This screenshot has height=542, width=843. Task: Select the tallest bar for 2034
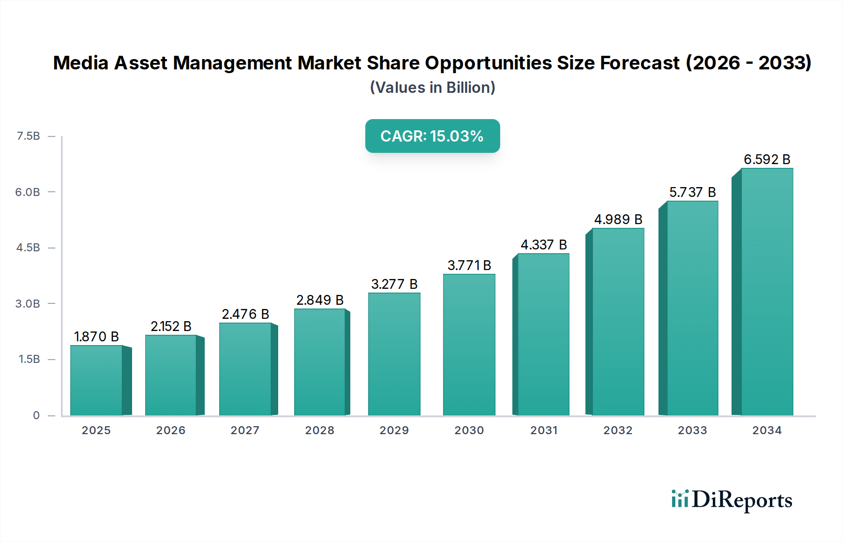[x=767, y=292]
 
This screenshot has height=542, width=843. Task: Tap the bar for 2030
[x=469, y=345]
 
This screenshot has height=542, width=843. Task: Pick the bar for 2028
[x=320, y=362]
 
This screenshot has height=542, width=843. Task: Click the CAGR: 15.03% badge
[x=432, y=136]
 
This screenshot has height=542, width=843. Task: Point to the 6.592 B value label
[x=767, y=159]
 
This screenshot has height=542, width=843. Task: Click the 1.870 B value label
[x=96, y=337]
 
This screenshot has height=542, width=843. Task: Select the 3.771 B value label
[x=469, y=265]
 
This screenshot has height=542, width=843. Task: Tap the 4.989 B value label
[x=618, y=219]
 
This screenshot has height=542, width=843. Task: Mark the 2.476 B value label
[x=245, y=314]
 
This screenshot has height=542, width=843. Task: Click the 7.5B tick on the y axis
[x=28, y=136]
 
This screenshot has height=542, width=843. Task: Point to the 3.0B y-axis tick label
[x=28, y=304]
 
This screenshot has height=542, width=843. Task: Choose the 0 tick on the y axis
[x=36, y=415]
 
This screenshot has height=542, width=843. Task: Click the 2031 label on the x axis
[x=544, y=430]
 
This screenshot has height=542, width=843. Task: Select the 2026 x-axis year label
[x=170, y=430]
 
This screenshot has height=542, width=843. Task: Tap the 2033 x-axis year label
[x=692, y=430]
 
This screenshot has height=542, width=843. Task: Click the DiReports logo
[x=732, y=500]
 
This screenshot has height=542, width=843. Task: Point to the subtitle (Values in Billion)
[x=432, y=88]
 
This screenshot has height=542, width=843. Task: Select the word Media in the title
[x=81, y=63]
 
